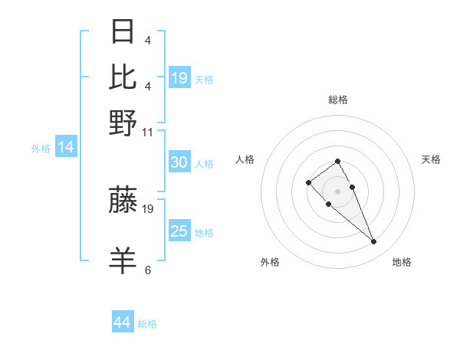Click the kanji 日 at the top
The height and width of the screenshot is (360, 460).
pos(123,32)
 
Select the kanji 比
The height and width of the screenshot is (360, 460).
pos(123,77)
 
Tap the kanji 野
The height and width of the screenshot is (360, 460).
pos(123,122)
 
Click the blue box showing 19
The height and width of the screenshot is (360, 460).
pos(179,78)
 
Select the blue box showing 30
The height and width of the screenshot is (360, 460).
pos(179,162)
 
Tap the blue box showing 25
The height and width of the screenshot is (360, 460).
pos(179,231)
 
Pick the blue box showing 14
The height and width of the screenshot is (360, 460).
pos(66,147)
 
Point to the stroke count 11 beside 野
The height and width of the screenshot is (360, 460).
pos(147,132)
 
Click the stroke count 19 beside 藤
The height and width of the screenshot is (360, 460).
pos(149,208)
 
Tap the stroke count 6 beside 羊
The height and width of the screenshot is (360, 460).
pos(148,270)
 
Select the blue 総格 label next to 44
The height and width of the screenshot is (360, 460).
pos(147,324)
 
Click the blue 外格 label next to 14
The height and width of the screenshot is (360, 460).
pos(41,149)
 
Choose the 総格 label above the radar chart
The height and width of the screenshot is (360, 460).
pos(338,100)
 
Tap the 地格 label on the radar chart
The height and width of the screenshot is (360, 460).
pos(402,262)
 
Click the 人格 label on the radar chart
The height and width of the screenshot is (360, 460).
pos(245,159)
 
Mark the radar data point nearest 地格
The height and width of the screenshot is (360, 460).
pos(373,242)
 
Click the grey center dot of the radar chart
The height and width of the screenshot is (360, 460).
pos(338,191)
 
